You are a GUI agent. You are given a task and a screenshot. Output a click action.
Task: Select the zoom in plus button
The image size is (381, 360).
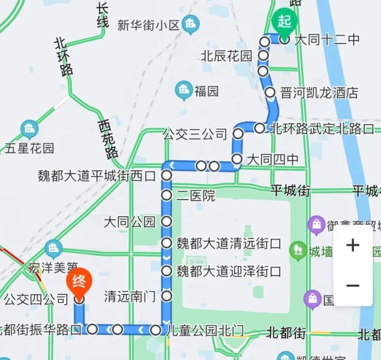coord(353,245)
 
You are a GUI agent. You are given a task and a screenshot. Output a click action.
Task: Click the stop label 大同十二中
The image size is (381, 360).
coord(327,39)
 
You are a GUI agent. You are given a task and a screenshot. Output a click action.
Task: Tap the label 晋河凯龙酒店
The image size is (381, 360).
coord(319,93)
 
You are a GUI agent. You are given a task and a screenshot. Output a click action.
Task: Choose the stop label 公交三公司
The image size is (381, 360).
coord(195,134)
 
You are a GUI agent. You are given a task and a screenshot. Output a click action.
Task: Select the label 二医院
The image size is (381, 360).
coord(196,196)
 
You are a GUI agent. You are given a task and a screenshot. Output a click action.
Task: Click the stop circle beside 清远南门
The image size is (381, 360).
coord(166,296)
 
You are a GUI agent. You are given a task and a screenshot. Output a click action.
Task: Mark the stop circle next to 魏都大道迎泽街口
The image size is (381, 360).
coord(166,271)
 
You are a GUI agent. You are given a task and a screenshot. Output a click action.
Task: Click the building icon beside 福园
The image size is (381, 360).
coord(184,90)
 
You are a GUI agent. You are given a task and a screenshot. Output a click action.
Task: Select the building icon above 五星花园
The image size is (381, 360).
coord(29,129)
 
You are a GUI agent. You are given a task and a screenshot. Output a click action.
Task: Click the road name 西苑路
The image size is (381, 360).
coord(108,139)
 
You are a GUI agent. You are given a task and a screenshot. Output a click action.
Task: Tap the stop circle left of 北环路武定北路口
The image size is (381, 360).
coord(259,128)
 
